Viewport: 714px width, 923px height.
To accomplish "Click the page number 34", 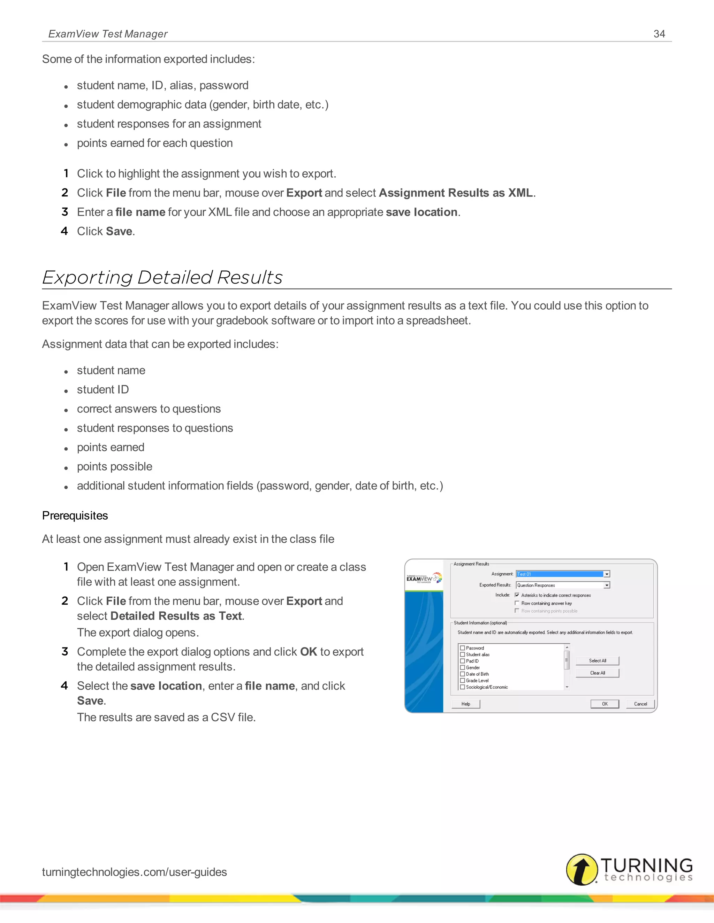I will click(659, 34).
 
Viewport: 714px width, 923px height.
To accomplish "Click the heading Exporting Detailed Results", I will click(162, 278).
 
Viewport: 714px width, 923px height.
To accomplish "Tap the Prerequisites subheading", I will click(75, 515).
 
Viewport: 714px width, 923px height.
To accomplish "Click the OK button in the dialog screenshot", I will click(605, 704).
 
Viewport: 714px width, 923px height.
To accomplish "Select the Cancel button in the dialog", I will click(640, 704).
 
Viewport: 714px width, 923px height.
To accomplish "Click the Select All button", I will click(597, 660).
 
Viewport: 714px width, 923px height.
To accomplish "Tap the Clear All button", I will click(597, 673).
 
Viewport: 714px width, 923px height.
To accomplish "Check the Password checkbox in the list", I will click(462, 648).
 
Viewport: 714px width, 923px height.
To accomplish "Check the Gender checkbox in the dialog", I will click(462, 667).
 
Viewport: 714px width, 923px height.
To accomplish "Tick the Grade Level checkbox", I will click(462, 681).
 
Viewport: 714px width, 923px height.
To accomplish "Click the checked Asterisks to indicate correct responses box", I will click(516, 595).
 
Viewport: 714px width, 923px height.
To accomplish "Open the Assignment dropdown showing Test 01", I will click(607, 574).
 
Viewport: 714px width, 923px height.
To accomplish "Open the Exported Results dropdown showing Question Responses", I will click(607, 585).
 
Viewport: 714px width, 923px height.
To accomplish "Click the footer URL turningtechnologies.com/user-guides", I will click(135, 872).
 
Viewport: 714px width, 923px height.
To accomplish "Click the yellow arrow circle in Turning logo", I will click(582, 869).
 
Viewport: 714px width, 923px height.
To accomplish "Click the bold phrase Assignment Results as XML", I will click(456, 193).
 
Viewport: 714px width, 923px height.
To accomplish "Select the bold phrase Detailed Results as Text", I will click(176, 616).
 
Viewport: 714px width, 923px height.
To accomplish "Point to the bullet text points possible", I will click(114, 467).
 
